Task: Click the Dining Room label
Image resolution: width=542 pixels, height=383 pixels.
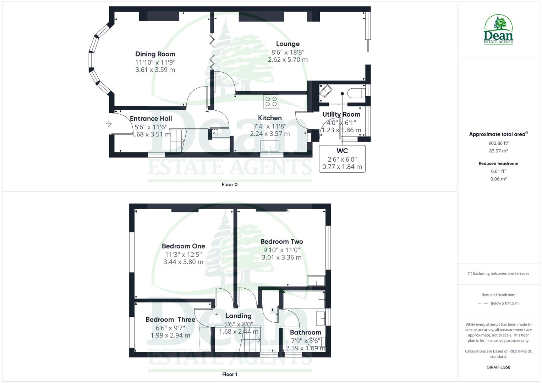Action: tap(155, 54)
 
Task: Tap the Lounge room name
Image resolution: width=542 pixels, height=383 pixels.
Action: tap(288, 44)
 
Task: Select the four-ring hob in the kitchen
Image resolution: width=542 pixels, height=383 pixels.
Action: tap(271, 101)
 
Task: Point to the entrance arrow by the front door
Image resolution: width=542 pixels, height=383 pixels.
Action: tap(109, 124)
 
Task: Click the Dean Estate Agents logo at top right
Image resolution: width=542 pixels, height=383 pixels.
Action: tap(498, 29)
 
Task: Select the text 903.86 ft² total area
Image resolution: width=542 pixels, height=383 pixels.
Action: tap(498, 143)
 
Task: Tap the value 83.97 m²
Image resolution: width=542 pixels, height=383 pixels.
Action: tap(498, 151)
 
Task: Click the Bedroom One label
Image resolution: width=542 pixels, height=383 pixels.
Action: tap(183, 246)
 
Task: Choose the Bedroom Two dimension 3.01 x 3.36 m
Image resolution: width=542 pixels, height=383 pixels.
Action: tap(281, 257)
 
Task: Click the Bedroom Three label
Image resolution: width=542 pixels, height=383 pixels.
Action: tap(170, 320)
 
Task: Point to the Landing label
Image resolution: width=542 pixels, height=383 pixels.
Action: tap(239, 316)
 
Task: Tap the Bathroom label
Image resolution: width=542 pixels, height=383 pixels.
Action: tap(305, 332)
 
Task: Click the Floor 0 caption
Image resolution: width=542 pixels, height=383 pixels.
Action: tap(229, 184)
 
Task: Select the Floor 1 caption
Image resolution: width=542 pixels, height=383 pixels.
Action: tap(229, 374)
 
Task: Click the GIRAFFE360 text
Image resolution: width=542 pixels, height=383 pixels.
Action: tap(498, 367)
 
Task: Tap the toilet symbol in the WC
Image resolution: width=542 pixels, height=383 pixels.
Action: tap(355, 93)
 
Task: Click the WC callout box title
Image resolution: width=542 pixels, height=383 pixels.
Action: tap(342, 151)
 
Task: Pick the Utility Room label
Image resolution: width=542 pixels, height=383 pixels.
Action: tap(341, 114)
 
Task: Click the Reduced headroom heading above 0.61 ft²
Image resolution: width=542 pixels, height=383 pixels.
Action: tap(498, 163)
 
